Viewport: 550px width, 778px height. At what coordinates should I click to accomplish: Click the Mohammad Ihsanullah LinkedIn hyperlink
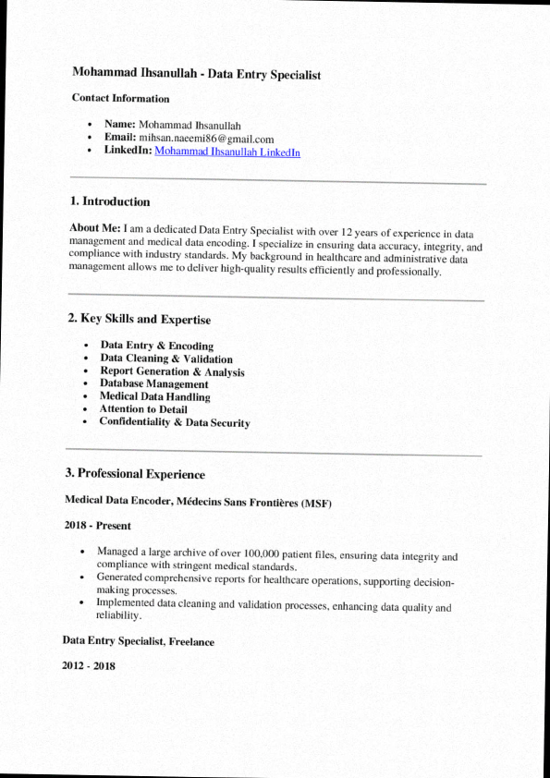tap(227, 152)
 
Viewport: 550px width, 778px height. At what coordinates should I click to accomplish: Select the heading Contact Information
tap(120, 98)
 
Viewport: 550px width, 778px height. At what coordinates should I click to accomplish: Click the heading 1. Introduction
tap(110, 201)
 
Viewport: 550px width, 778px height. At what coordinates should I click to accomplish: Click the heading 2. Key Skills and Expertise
tap(140, 320)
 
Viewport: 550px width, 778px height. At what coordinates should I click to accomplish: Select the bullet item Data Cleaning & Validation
tap(166, 359)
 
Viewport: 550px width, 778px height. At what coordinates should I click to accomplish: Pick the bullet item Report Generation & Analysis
tap(172, 371)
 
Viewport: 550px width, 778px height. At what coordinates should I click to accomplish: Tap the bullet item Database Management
tap(153, 383)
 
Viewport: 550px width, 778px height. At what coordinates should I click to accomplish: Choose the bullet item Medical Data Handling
tap(154, 396)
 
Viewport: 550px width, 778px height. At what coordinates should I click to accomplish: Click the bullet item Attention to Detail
tap(143, 409)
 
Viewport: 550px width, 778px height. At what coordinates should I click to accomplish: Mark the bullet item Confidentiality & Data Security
tap(175, 422)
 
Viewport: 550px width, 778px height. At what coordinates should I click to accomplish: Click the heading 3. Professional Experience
tap(135, 474)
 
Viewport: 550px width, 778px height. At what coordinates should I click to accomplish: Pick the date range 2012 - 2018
tap(89, 665)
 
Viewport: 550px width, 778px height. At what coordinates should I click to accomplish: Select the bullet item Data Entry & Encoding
tap(157, 346)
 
